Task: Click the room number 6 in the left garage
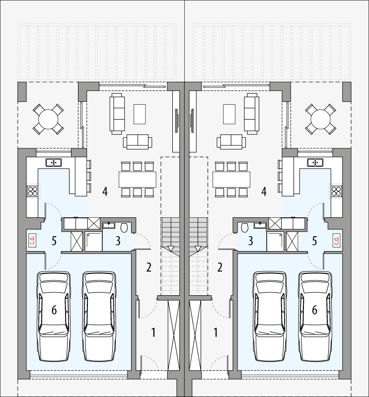[54, 310]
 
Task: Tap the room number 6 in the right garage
[314, 310]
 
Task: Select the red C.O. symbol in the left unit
[33, 240]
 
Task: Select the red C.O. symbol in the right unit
[336, 240]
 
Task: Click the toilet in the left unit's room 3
[124, 227]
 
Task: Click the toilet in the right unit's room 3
[244, 227]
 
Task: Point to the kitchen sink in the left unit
[53, 162]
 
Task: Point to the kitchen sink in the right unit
[315, 162]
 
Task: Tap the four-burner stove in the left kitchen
[33, 192]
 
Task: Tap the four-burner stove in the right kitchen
[336, 192]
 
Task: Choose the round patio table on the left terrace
[48, 119]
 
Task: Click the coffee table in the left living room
[140, 114]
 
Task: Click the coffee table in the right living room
[229, 114]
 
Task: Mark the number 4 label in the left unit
[105, 191]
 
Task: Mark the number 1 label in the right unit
[216, 332]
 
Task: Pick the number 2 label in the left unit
[148, 268]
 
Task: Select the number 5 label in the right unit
[314, 241]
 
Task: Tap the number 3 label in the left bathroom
[118, 241]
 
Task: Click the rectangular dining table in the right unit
[230, 179]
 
